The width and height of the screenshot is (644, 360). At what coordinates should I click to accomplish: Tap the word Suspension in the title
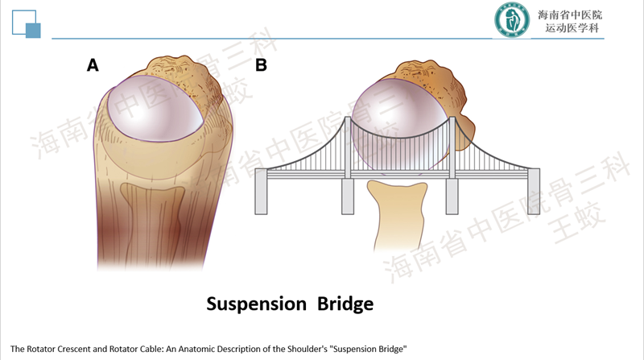(255, 304)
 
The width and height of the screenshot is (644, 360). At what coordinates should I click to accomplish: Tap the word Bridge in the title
(341, 304)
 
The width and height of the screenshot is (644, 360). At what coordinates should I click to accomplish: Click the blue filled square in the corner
(33, 31)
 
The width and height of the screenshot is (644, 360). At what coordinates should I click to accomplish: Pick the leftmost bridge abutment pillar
(261, 194)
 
